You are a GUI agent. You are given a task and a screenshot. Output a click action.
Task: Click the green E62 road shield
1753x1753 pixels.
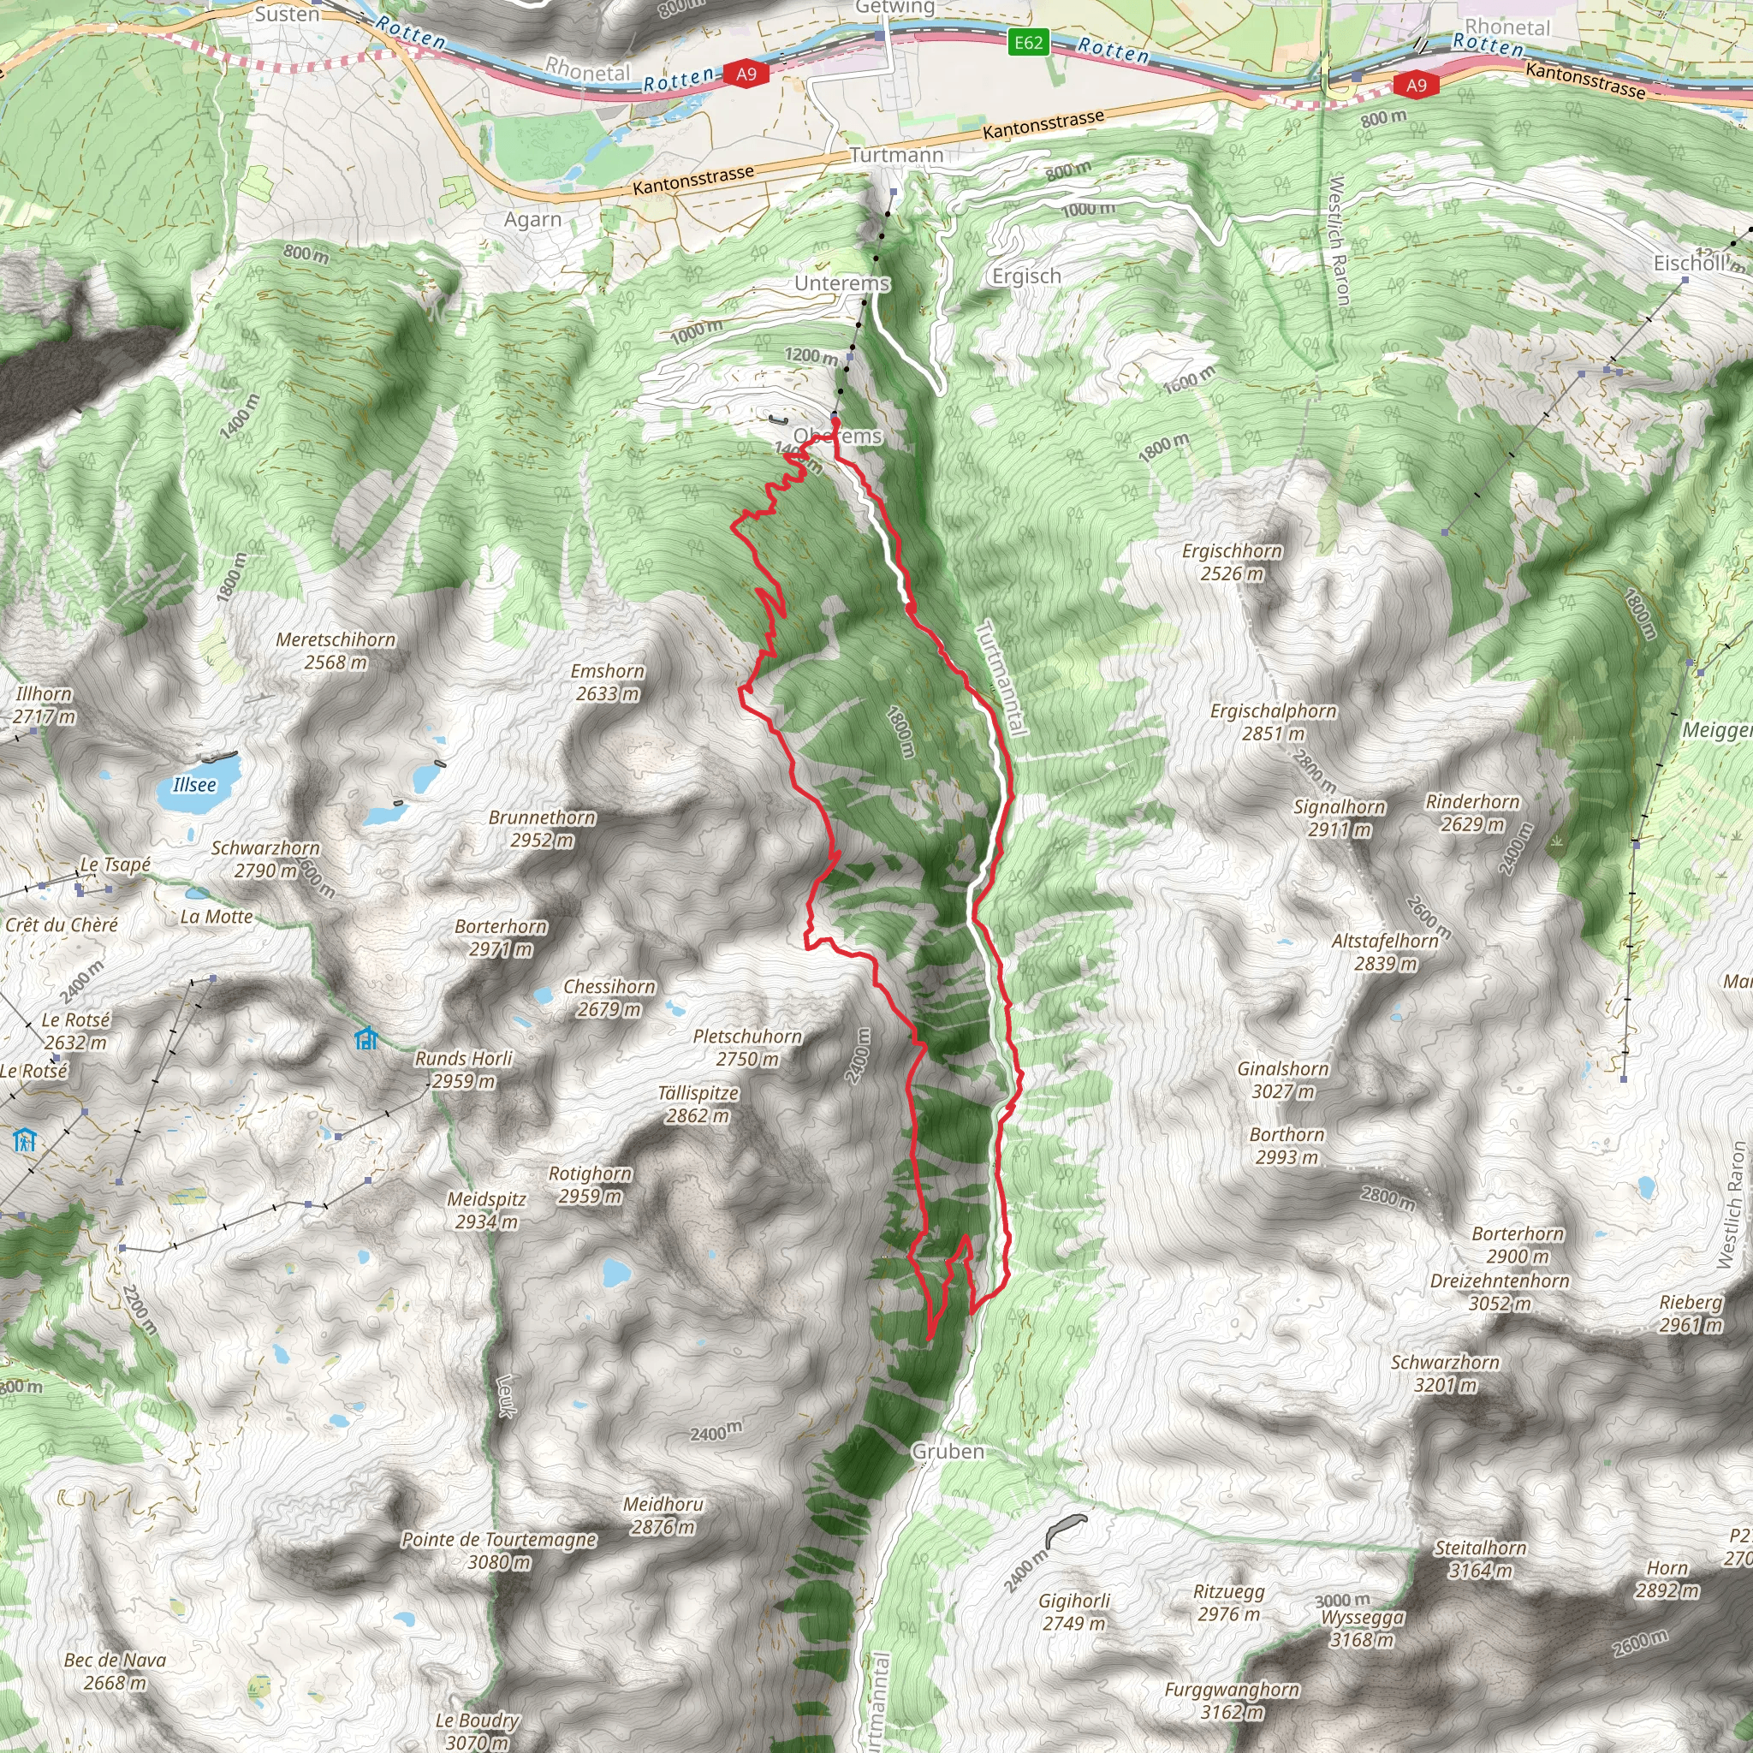pos(1028,43)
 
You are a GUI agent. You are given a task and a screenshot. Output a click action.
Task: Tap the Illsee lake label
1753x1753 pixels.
pos(194,785)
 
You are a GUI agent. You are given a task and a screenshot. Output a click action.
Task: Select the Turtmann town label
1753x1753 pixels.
pos(896,155)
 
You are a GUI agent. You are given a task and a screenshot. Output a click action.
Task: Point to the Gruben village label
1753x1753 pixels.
pos(948,1451)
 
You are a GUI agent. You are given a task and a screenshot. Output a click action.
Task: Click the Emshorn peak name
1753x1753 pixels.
pos(607,671)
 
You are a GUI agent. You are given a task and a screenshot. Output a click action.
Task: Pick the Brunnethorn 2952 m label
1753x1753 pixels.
pos(542,829)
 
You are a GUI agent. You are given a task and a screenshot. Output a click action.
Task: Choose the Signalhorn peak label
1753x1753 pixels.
pos(1340,807)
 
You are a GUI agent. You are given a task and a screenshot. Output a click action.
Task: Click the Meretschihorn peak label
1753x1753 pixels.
pos(336,639)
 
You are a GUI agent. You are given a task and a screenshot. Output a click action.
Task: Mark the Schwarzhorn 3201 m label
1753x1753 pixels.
pos(1445,1373)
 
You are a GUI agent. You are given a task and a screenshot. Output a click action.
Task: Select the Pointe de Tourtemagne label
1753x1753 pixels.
pos(499,1540)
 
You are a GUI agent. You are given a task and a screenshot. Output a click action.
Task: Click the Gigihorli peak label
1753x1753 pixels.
pos(1074,1601)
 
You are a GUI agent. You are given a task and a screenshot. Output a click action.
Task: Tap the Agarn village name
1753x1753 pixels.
pos(532,220)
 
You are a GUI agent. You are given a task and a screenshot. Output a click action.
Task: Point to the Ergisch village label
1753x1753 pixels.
pos(1026,276)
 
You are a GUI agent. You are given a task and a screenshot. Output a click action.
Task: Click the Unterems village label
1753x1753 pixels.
pos(841,283)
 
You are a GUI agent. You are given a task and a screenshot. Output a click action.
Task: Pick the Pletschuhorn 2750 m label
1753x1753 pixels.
pos(746,1047)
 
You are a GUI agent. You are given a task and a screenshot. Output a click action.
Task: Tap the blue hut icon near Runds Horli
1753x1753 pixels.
pos(365,1037)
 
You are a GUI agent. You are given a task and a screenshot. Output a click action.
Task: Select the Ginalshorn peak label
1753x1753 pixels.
pos(1282,1069)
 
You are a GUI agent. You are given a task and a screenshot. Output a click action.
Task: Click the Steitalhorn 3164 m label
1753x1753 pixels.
pos(1480,1559)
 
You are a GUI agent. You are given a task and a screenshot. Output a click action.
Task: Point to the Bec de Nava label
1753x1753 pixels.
pos(115,1661)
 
